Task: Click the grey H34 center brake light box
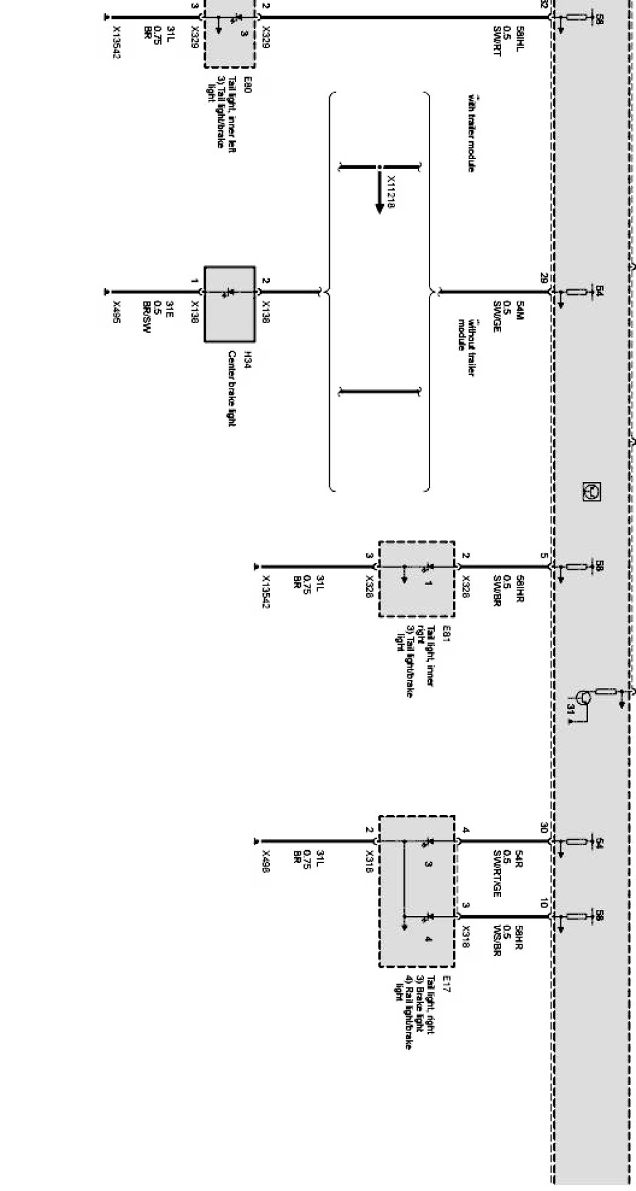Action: coord(229,304)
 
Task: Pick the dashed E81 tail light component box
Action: coord(416,579)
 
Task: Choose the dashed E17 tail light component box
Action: coord(416,891)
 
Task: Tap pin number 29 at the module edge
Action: coord(544,278)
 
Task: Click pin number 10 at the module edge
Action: coord(544,904)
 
